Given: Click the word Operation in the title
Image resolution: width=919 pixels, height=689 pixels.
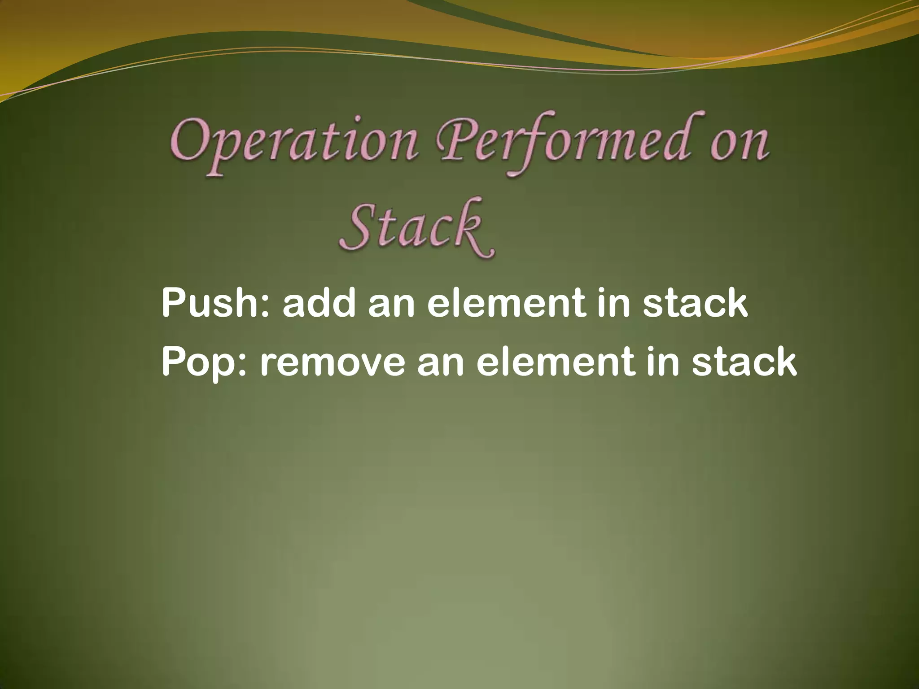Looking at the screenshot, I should [x=294, y=144].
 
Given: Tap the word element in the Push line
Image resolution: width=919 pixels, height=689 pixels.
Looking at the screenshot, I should [x=507, y=303].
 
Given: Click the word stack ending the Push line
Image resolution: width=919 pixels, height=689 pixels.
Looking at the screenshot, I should [x=695, y=303].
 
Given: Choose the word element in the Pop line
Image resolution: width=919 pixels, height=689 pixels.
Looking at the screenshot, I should [x=556, y=362].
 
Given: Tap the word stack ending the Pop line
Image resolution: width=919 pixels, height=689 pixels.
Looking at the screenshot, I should [x=744, y=362].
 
